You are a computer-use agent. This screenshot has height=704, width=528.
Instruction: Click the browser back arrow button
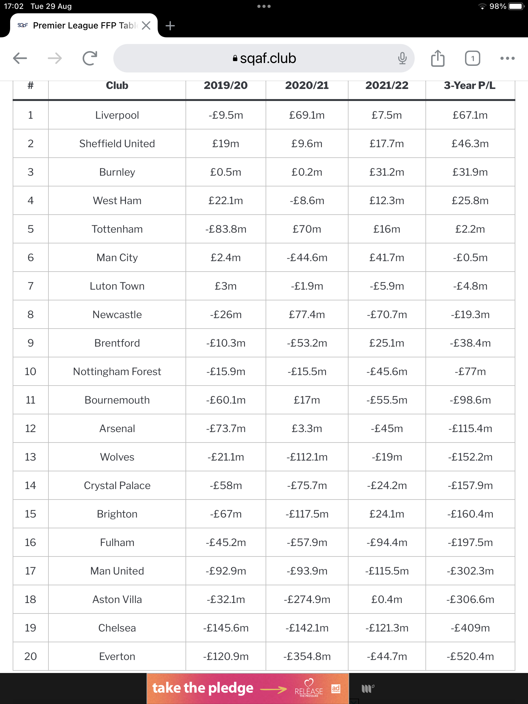(20, 58)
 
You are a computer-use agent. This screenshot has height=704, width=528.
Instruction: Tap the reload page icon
(90, 58)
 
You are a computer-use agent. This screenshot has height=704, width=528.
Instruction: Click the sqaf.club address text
(268, 58)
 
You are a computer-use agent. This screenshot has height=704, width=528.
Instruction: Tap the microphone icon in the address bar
(402, 58)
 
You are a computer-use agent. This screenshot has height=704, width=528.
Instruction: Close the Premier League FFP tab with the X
(146, 25)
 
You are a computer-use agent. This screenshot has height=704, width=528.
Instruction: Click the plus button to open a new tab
(170, 25)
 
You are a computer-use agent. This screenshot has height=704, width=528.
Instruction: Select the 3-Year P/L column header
(469, 85)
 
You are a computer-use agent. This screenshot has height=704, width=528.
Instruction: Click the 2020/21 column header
(307, 85)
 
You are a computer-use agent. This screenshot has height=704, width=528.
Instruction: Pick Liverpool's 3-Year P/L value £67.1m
(470, 115)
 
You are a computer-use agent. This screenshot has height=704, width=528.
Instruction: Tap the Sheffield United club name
(117, 143)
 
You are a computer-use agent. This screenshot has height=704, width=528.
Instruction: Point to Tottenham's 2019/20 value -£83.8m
(226, 229)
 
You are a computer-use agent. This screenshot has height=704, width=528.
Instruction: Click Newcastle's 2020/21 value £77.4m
(307, 314)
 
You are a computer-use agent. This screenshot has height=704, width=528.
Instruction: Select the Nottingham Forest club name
(117, 371)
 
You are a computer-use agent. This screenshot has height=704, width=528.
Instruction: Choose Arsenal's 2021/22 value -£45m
(387, 428)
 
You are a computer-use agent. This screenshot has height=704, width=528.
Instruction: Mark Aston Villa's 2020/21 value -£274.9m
(307, 599)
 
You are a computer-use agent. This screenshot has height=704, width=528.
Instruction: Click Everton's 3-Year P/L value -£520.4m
(470, 656)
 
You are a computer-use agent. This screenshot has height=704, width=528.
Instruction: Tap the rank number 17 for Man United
(31, 571)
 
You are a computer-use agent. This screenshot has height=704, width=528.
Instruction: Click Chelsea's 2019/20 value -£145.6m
(226, 628)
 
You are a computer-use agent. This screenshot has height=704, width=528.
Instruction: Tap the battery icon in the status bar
(516, 6)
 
